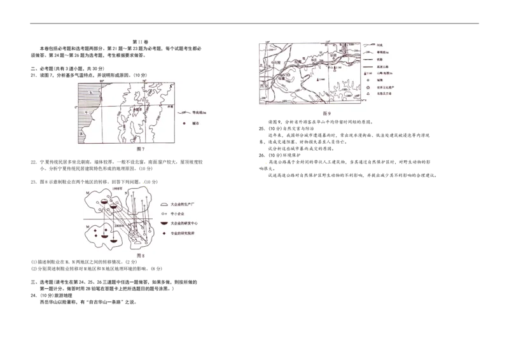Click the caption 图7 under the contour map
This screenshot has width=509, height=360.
click(142, 149)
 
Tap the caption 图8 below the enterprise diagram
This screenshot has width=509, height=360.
click(141, 256)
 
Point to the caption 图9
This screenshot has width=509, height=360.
click(327, 113)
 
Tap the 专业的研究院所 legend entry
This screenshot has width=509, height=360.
click(182, 234)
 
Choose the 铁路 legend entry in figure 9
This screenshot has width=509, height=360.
click(379, 60)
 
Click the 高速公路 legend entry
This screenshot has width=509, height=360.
click(382, 68)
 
